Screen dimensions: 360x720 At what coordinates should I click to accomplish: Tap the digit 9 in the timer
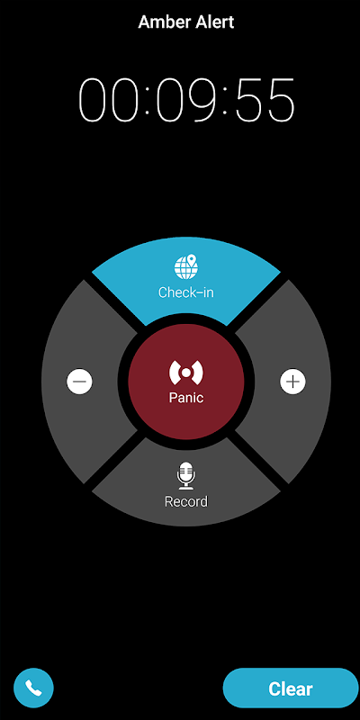pyautogui.click(x=200, y=100)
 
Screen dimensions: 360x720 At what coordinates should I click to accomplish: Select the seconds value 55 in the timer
pyautogui.click(x=264, y=100)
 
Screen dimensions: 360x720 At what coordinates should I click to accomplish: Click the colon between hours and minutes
pyautogui.click(x=148, y=101)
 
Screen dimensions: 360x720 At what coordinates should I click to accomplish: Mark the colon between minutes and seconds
pyautogui.click(x=225, y=101)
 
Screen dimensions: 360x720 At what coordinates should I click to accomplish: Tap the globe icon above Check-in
pyautogui.click(x=186, y=267)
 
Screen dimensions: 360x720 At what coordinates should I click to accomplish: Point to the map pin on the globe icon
pyautogui.click(x=193, y=262)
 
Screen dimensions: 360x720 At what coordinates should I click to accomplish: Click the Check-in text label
pyautogui.click(x=186, y=292)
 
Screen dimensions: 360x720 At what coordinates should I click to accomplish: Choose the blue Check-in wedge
pyautogui.click(x=186, y=281)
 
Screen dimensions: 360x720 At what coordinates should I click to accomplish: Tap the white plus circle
pyautogui.click(x=293, y=381)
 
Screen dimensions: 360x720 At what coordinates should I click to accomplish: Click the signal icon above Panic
pyautogui.click(x=186, y=373)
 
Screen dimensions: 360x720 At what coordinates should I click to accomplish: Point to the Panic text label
pyautogui.click(x=186, y=397)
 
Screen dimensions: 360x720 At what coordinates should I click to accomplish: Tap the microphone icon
pyautogui.click(x=186, y=476)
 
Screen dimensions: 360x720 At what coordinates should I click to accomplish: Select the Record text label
pyautogui.click(x=186, y=501)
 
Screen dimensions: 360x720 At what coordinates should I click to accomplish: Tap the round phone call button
pyautogui.click(x=33, y=688)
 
